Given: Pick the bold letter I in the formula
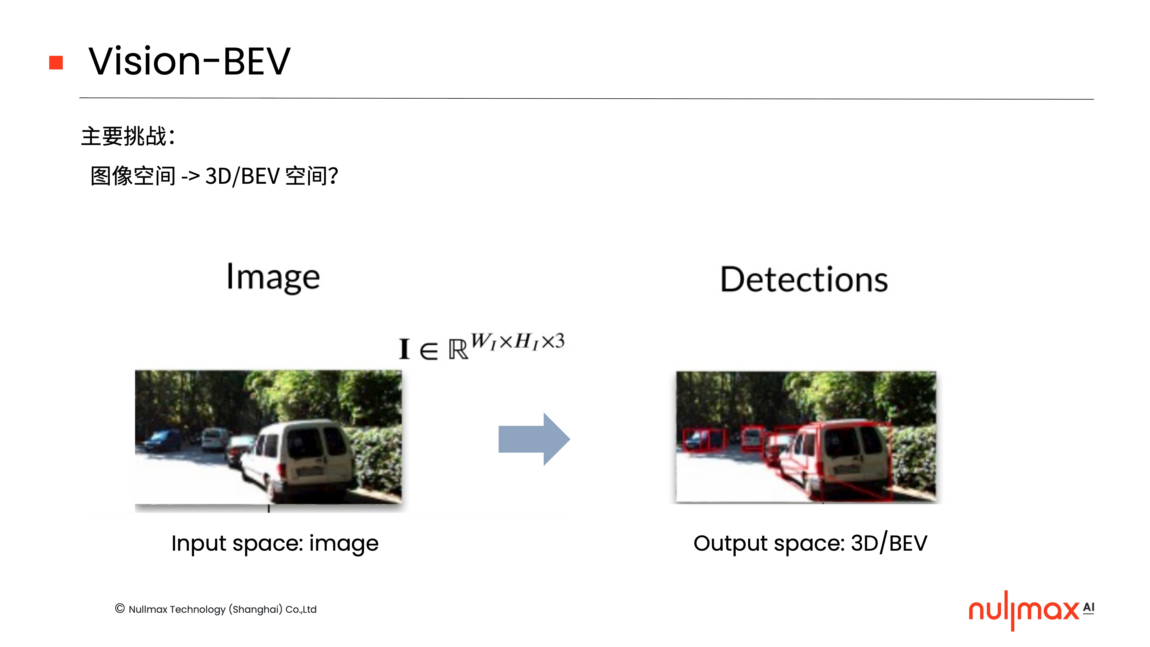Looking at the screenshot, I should click(404, 349).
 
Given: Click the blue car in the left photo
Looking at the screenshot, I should click(163, 440).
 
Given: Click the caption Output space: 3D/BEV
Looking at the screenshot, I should click(810, 543).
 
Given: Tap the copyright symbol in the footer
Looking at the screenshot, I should click(120, 608).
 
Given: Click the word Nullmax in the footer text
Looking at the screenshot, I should click(148, 610).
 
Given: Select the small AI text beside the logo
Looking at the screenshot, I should click(1088, 608).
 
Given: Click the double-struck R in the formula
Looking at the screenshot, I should click(458, 350).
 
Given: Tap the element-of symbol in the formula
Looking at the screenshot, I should click(429, 351).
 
